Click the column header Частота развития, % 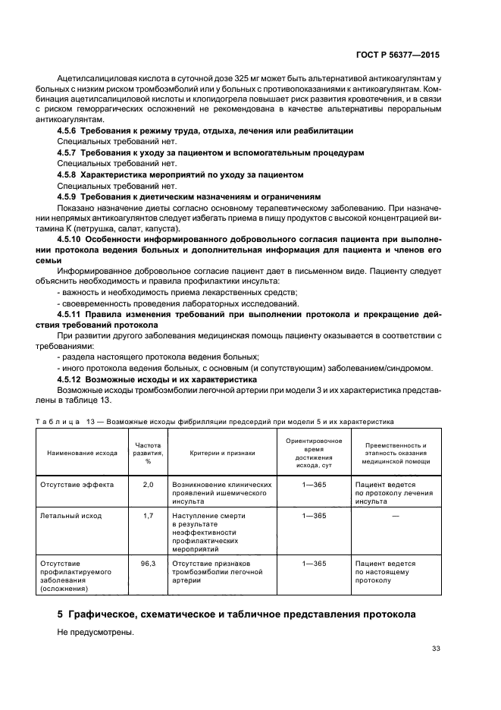pos(148,452)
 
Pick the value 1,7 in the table pos(148,516)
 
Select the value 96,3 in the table pos(148,564)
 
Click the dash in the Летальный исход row pos(396,516)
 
